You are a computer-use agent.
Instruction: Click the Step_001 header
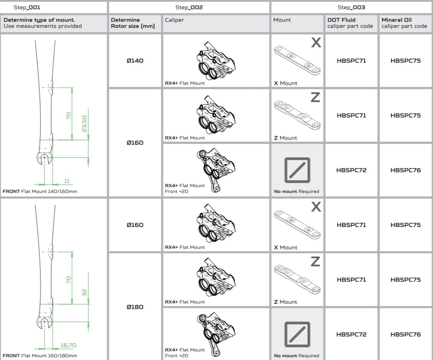point(27,7)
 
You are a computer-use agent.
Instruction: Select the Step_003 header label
point(352,7)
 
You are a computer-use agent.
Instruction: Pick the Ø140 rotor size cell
point(135,61)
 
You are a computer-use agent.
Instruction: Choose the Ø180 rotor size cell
point(135,307)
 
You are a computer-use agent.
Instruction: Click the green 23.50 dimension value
point(85,123)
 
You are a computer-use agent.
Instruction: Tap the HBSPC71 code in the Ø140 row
point(351,61)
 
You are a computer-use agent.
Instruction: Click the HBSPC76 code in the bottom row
point(405,334)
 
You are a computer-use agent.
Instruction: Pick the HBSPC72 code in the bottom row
point(351,334)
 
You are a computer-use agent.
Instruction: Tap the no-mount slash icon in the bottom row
point(297,334)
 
